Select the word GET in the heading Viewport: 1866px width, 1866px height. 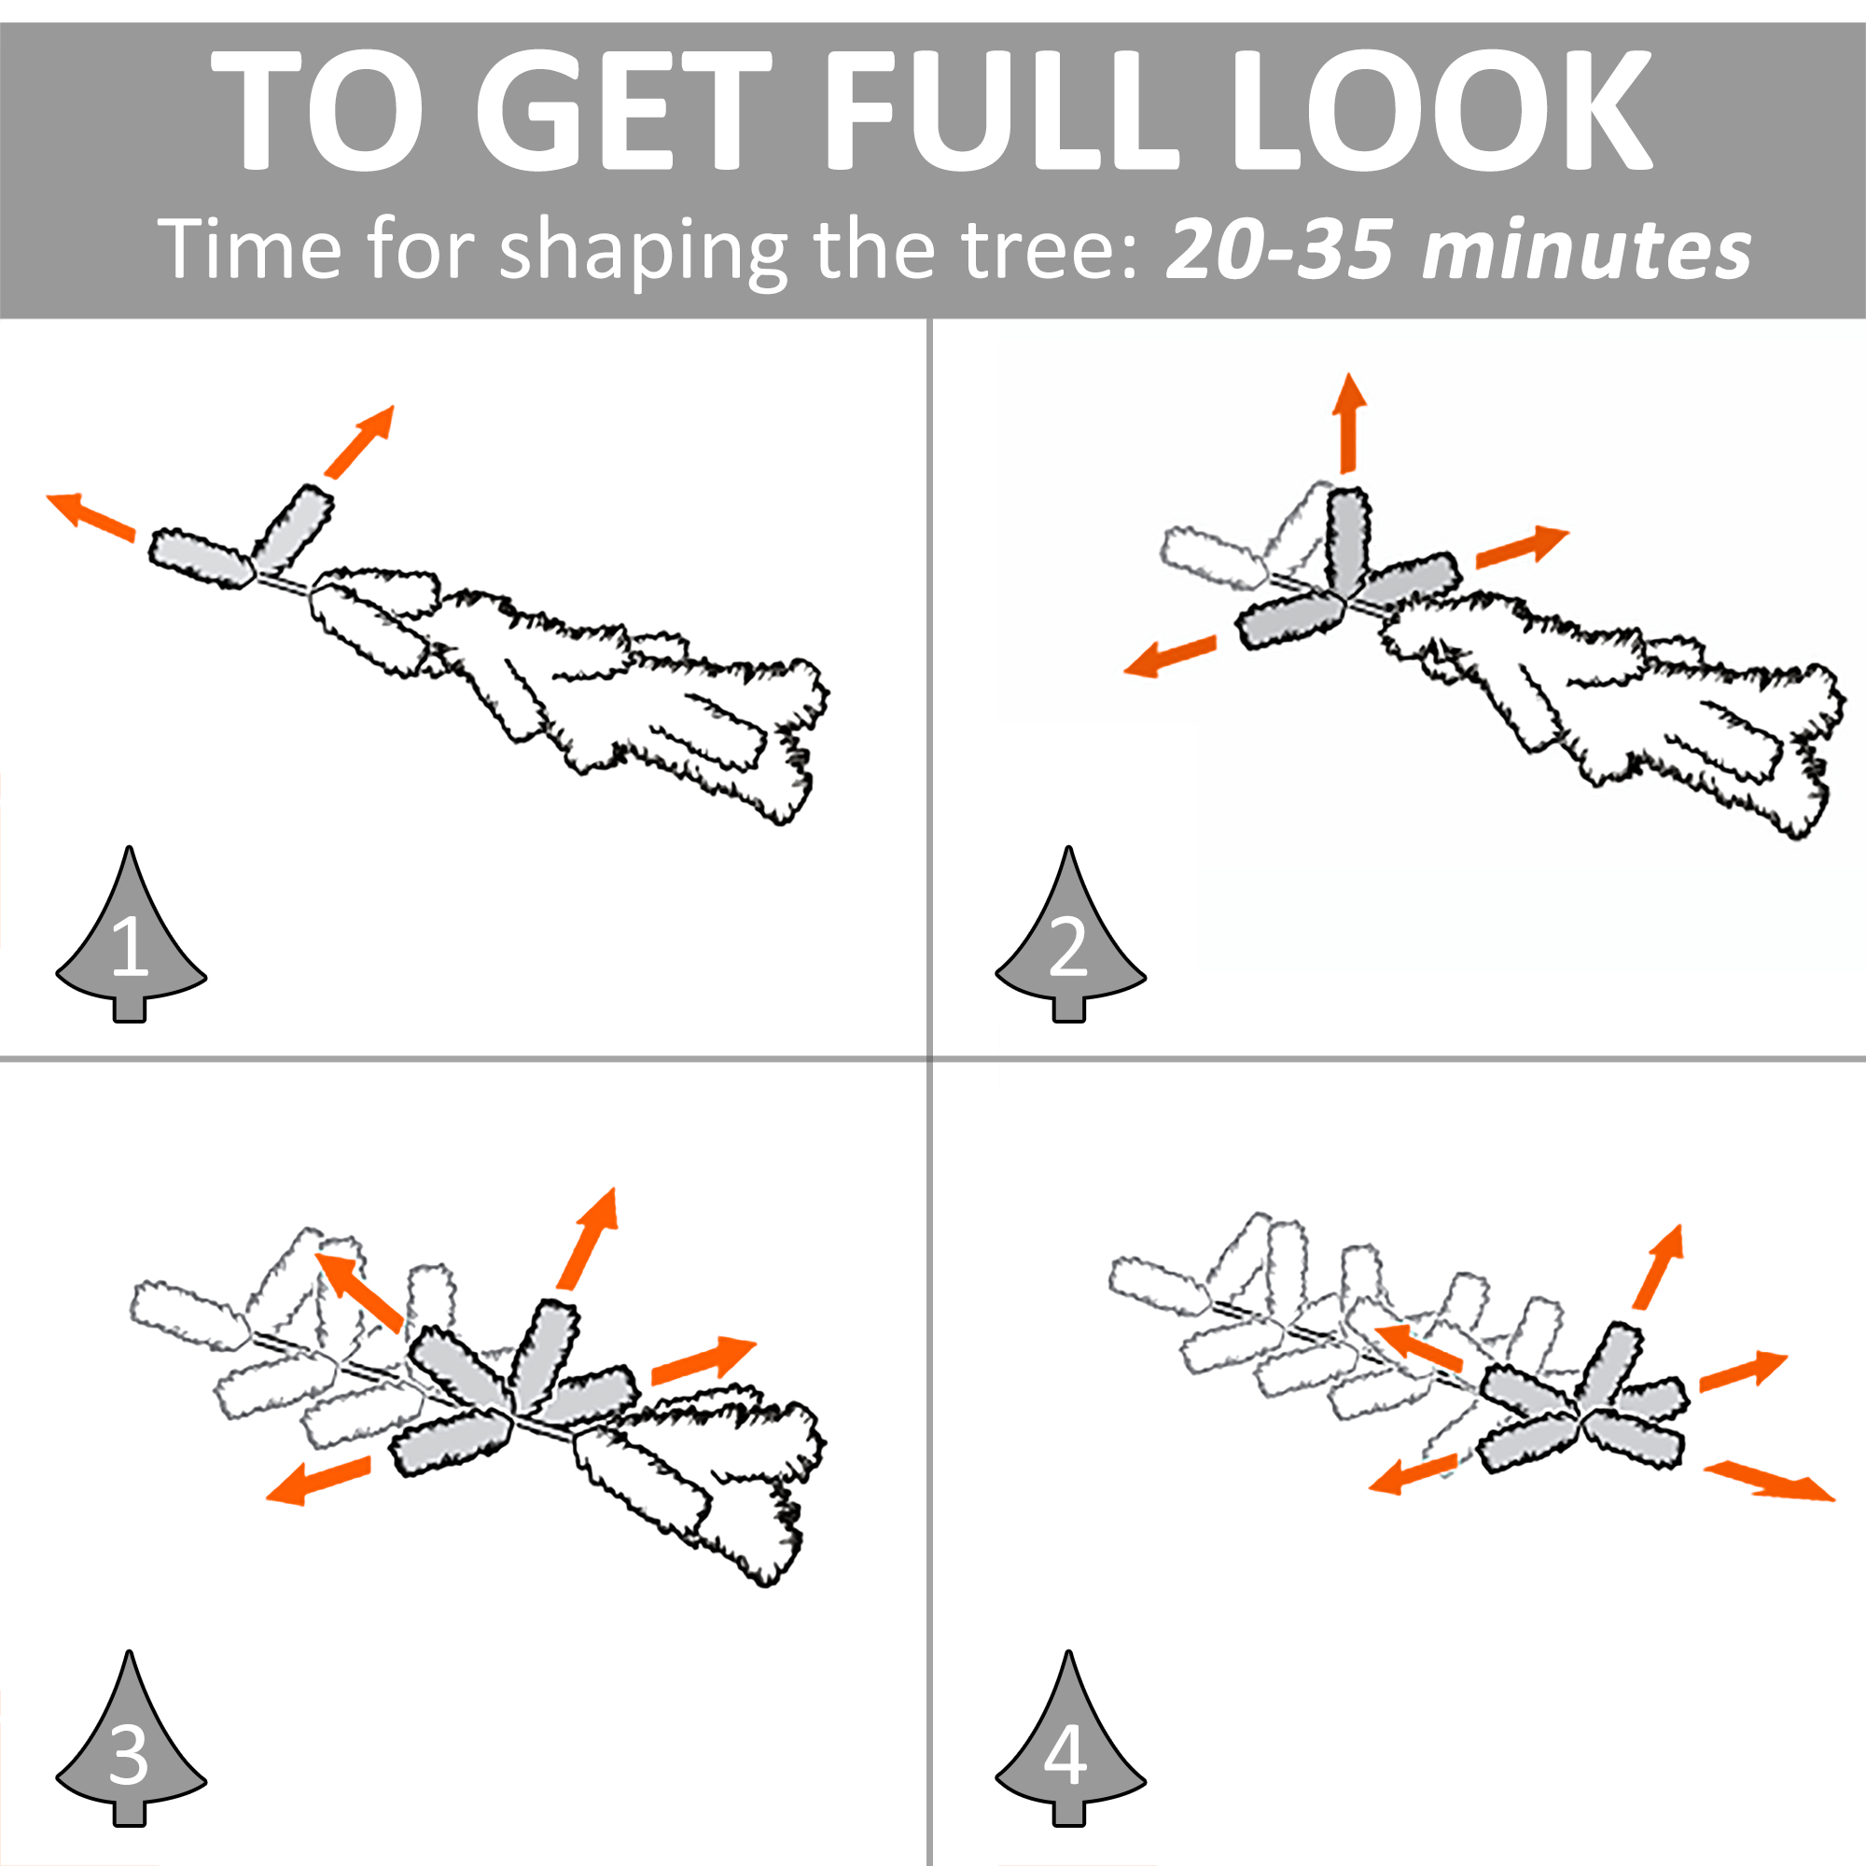click(624, 109)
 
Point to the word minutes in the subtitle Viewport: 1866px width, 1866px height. click(1587, 249)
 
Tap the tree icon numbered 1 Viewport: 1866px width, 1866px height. click(131, 935)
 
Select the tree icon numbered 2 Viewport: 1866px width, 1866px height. click(1070, 935)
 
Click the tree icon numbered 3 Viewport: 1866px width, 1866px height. click(131, 1738)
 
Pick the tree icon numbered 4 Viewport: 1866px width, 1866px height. click(1070, 1738)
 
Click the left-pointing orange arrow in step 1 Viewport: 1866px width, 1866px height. click(91, 516)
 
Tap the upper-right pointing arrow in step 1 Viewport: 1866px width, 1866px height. click(359, 440)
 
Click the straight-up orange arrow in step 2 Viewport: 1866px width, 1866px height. click(1349, 423)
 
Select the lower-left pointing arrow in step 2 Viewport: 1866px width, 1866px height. click(1171, 656)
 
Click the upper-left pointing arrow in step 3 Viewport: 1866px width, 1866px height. click(359, 1292)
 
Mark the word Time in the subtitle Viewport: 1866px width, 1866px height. click(249, 249)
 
